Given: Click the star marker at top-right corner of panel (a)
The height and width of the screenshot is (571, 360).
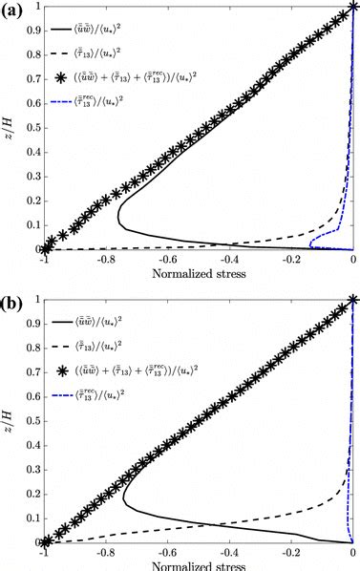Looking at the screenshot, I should click(x=353, y=7).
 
